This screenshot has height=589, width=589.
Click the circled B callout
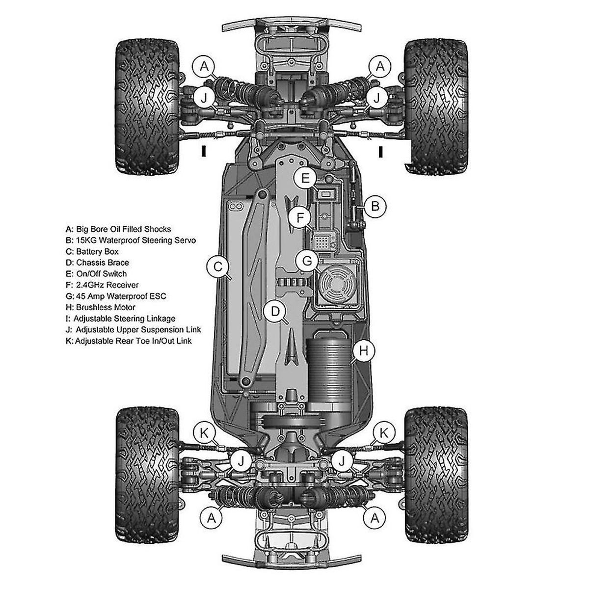(x=375, y=206)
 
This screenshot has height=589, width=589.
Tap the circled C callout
(x=217, y=267)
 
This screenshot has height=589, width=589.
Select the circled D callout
(x=275, y=312)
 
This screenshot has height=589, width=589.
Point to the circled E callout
(x=305, y=178)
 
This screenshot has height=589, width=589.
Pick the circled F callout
(x=300, y=217)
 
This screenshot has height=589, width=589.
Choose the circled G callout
(x=307, y=261)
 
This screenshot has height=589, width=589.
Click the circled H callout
(x=363, y=350)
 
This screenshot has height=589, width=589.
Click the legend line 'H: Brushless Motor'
(x=100, y=307)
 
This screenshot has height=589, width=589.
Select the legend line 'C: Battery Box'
(x=92, y=252)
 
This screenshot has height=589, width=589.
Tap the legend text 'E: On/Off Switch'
(x=96, y=273)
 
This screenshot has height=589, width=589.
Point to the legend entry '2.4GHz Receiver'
(x=107, y=285)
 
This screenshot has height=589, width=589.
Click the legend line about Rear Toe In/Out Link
(x=129, y=341)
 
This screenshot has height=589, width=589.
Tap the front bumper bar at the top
(x=292, y=25)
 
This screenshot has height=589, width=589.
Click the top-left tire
(x=147, y=107)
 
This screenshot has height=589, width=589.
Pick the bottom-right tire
(x=436, y=475)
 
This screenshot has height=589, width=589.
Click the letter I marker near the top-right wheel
(x=380, y=152)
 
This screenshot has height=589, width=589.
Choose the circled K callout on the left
(x=204, y=433)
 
